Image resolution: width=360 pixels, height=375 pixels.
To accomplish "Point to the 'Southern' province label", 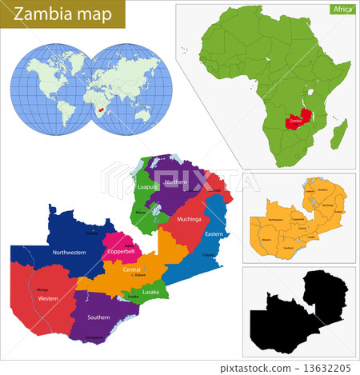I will [100, 317].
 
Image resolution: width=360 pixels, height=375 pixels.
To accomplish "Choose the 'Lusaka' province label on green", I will [150, 292].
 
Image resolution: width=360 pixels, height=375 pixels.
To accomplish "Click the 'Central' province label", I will [132, 269].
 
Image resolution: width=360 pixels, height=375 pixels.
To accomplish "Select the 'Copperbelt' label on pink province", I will [121, 252].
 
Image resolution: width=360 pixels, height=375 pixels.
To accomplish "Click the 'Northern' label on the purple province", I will [175, 182].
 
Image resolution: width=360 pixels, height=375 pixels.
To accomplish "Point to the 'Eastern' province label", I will [214, 233].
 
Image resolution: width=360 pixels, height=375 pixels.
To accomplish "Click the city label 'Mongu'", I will [42, 289].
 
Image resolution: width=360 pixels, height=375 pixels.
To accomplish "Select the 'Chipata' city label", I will [210, 255].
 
